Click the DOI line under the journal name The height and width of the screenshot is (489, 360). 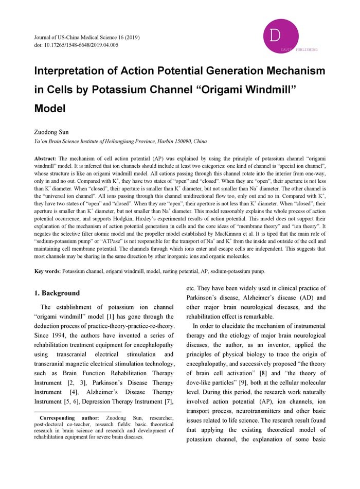click(x=76, y=45)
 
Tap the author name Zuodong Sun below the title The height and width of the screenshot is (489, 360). click(x=50, y=132)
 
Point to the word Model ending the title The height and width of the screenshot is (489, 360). click(x=50, y=109)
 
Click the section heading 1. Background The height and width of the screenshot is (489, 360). click(x=57, y=293)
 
